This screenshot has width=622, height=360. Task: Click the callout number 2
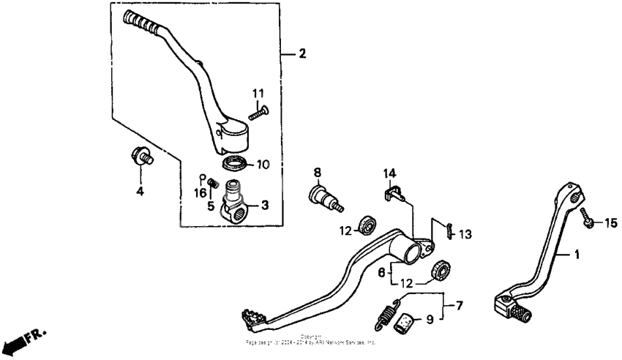pos(302,54)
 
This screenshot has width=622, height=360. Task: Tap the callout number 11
pos(258,94)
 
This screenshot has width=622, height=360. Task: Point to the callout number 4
pos(139,192)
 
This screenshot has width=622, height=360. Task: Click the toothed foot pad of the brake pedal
pos(252,318)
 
